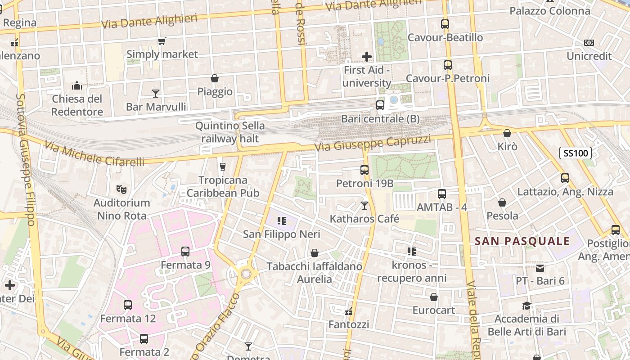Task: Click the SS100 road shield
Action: (576, 153)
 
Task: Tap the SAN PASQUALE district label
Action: (522, 241)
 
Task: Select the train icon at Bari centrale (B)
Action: (380, 105)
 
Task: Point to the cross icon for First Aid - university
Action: (367, 57)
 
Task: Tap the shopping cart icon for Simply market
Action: (162, 41)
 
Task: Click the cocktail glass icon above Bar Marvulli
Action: (156, 93)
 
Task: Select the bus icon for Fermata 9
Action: (185, 252)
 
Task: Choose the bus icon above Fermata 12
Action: (128, 305)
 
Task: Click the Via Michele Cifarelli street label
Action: (94, 155)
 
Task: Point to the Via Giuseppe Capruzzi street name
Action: (373, 144)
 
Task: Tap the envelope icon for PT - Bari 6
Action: (540, 268)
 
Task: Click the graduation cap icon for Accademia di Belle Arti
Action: (526, 306)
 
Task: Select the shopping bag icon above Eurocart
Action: (434, 297)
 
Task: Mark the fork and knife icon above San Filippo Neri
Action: (282, 221)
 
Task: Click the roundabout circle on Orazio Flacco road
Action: (246, 273)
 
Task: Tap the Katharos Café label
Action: (364, 219)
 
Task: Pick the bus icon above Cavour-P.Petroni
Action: (447, 65)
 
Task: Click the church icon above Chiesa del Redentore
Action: (77, 85)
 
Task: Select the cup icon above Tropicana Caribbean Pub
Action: (222, 166)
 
